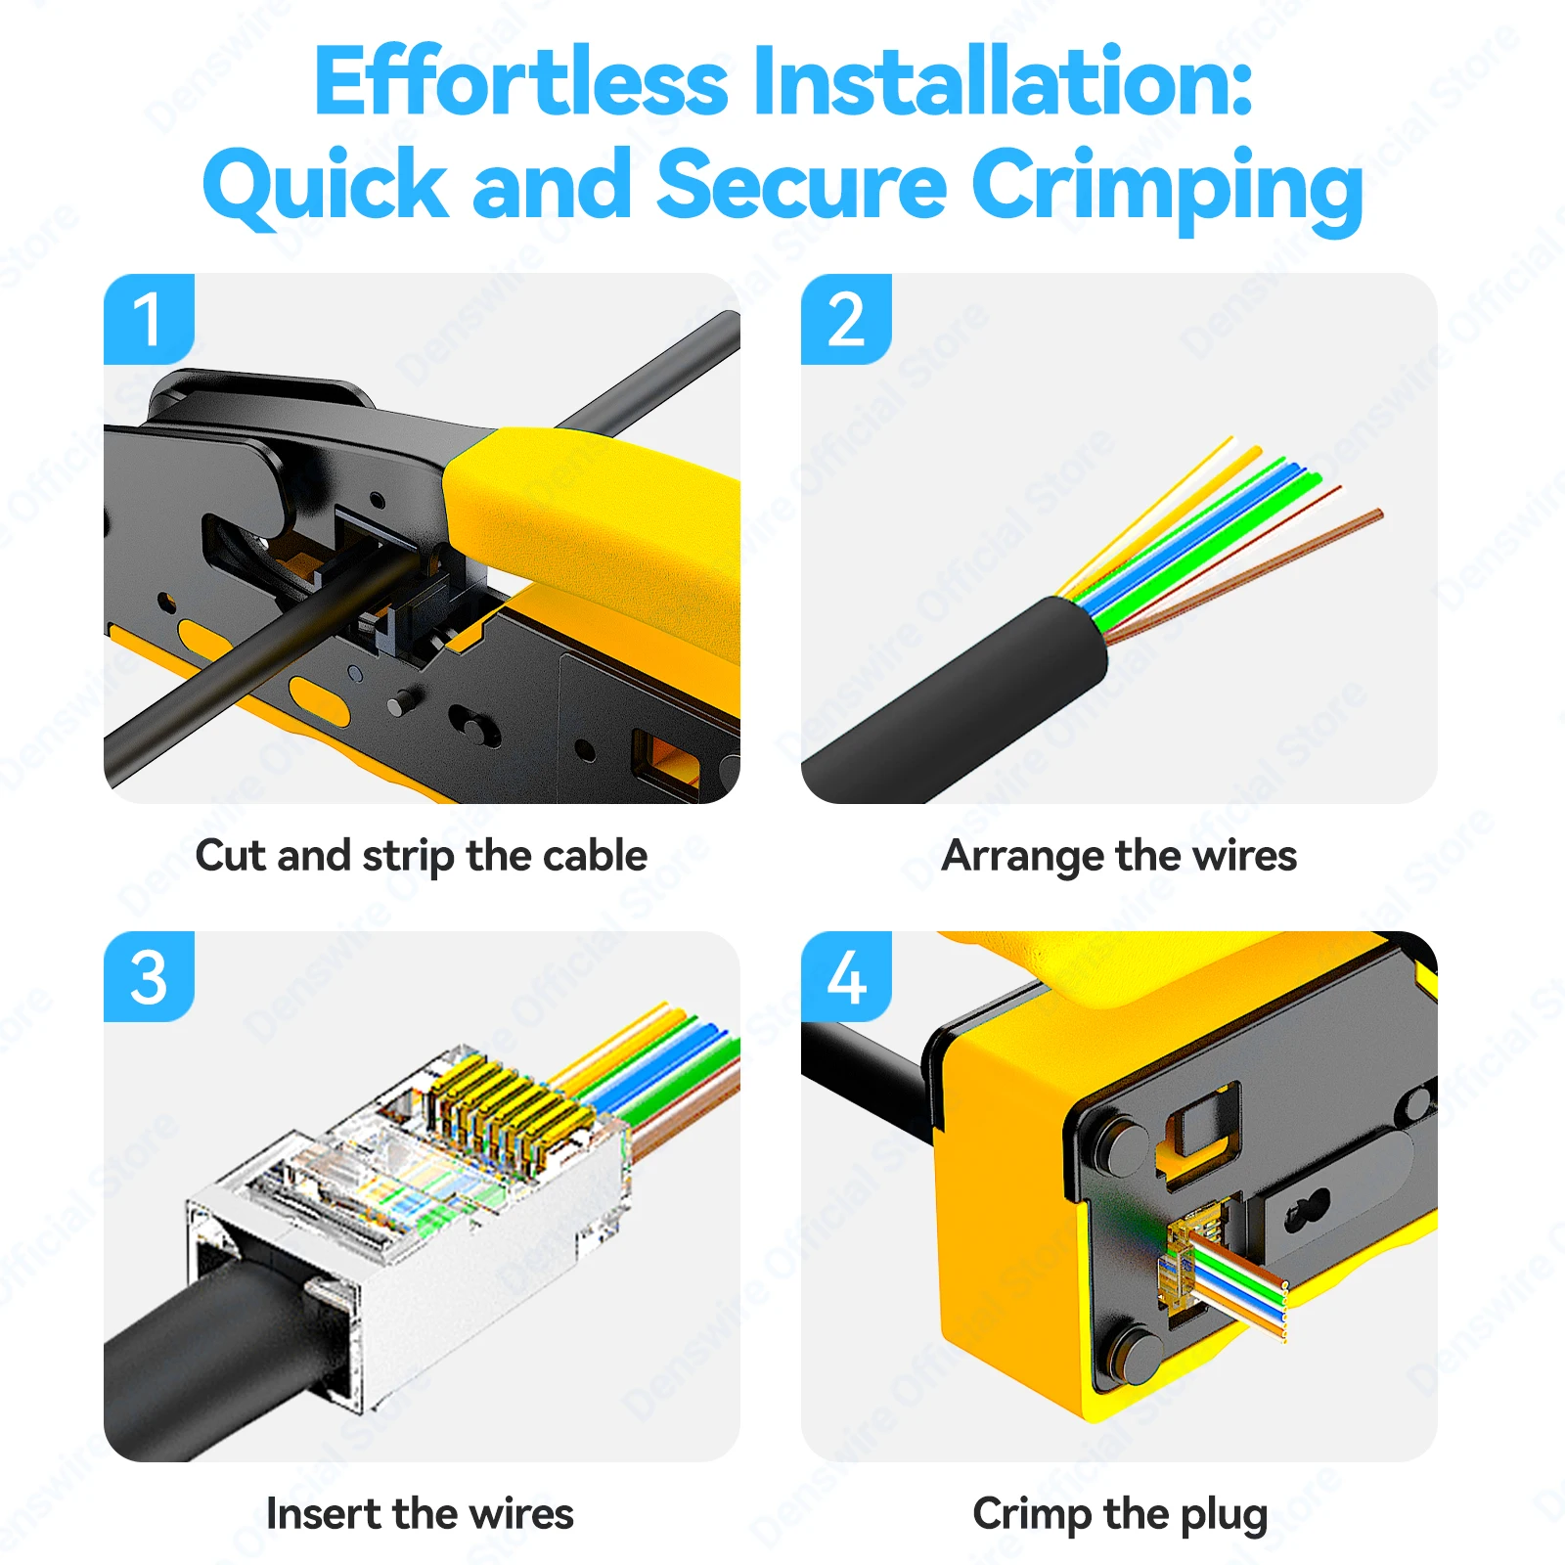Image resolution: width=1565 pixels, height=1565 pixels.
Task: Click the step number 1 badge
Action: click(149, 319)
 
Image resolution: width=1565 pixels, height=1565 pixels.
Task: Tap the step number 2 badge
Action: click(846, 319)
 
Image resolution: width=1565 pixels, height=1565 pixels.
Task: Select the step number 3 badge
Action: click(149, 977)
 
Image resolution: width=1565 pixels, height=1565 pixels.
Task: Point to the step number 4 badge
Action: click(846, 977)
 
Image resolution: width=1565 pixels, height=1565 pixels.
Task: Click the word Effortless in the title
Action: click(521, 82)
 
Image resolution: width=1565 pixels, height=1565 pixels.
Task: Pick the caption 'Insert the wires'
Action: click(420, 1514)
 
